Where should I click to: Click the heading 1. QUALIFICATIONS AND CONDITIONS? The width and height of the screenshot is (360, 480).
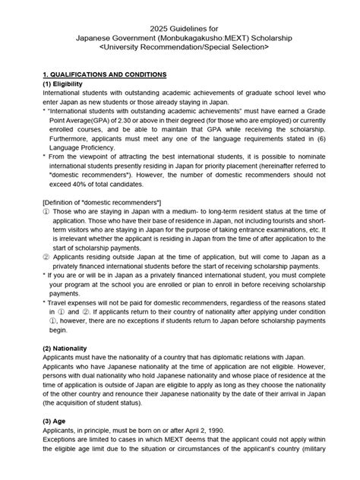pos(104,74)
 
